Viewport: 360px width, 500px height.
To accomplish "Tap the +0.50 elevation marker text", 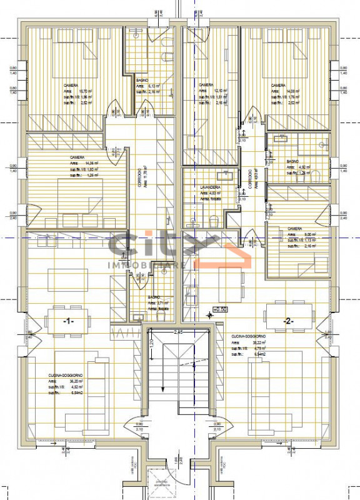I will point(220,309).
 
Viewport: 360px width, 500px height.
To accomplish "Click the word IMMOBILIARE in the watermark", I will point(147,266).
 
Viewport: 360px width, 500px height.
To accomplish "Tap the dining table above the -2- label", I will point(288,309).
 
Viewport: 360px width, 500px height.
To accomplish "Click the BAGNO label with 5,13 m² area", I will point(142,80).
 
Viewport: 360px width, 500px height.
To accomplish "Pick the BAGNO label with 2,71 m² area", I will point(154,297).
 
